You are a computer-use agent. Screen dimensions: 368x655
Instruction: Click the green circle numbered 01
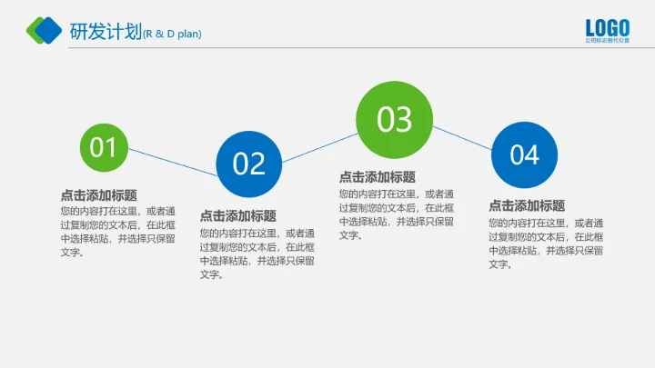[104, 146]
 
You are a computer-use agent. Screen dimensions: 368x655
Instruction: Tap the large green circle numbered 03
[395, 120]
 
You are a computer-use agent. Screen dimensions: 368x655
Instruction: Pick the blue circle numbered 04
[524, 155]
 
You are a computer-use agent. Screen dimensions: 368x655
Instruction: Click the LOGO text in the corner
[607, 27]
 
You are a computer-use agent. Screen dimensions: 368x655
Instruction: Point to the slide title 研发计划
[106, 32]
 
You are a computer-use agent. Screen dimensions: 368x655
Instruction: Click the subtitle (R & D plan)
[172, 35]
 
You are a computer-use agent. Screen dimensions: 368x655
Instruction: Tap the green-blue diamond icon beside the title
[45, 31]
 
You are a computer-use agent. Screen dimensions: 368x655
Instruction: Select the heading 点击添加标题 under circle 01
[99, 194]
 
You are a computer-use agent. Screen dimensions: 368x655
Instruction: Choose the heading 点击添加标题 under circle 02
[238, 216]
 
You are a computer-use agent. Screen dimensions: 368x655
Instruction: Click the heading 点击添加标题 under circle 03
[378, 177]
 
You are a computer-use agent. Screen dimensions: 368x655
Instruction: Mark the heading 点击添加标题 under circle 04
[527, 205]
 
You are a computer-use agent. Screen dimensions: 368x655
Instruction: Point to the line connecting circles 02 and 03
[318, 148]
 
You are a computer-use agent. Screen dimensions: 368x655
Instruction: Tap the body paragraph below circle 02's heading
[257, 253]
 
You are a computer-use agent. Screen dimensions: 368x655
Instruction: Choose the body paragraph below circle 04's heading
[546, 243]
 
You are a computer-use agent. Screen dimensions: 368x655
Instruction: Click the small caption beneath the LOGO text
[607, 42]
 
